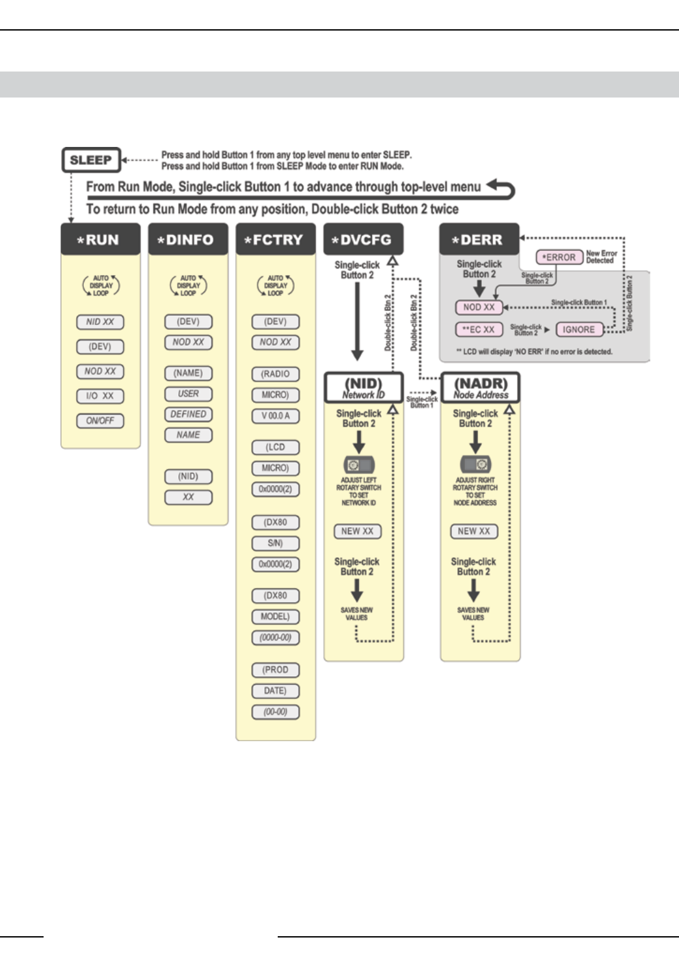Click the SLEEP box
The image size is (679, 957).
(91, 160)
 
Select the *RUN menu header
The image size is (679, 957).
(100, 239)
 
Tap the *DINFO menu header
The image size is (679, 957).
(188, 239)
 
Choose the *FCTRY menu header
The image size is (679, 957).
(275, 239)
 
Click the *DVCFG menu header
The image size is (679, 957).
(363, 239)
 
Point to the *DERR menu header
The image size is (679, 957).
(479, 239)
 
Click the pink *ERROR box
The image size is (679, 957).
(559, 257)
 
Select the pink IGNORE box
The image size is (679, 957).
(579, 330)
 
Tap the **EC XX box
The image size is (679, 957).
(479, 330)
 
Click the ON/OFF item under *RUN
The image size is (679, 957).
(100, 421)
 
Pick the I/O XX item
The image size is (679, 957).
(100, 396)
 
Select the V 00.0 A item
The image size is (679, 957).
(275, 415)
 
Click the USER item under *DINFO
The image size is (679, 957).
(188, 393)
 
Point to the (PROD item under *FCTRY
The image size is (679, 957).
(275, 670)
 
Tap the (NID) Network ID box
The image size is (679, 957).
(363, 388)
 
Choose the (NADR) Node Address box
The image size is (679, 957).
(480, 388)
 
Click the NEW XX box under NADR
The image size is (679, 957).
(473, 531)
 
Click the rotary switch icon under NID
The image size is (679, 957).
(358, 465)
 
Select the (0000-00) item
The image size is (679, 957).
(275, 638)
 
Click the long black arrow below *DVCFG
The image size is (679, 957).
(357, 322)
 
